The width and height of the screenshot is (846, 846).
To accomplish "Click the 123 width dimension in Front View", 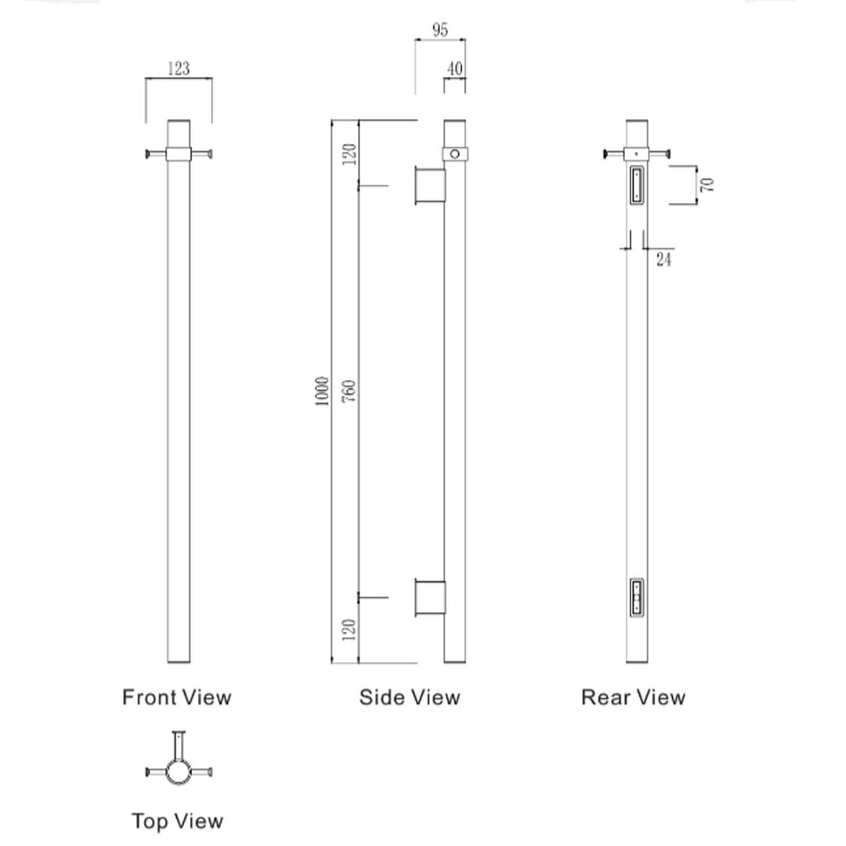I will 179,69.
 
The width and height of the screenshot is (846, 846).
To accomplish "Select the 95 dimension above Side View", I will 439,31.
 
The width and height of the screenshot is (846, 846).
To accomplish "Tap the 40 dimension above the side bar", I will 454,69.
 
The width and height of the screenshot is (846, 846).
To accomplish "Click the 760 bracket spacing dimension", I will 349,390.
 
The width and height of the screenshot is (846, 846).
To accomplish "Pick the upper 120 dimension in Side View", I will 349,153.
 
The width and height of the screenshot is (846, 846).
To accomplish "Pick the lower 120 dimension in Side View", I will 349,629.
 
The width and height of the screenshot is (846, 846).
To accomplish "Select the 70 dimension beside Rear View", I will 707,185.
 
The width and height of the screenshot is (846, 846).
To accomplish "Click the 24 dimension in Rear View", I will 663,258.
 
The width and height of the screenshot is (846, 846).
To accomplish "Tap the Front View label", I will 177,697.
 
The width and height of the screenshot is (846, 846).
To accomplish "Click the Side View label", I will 410,697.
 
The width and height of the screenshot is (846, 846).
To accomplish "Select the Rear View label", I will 633,697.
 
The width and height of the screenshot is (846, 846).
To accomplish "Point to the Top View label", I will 177,821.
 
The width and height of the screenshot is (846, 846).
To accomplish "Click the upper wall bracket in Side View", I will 430,186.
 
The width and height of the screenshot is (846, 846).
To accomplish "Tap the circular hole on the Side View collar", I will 455,154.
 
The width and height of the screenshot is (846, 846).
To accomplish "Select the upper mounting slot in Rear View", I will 636,185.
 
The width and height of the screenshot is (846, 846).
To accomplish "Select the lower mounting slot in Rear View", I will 637,599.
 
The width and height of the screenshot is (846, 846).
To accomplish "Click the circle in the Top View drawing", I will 179,773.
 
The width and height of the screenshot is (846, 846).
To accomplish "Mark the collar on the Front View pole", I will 179,154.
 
